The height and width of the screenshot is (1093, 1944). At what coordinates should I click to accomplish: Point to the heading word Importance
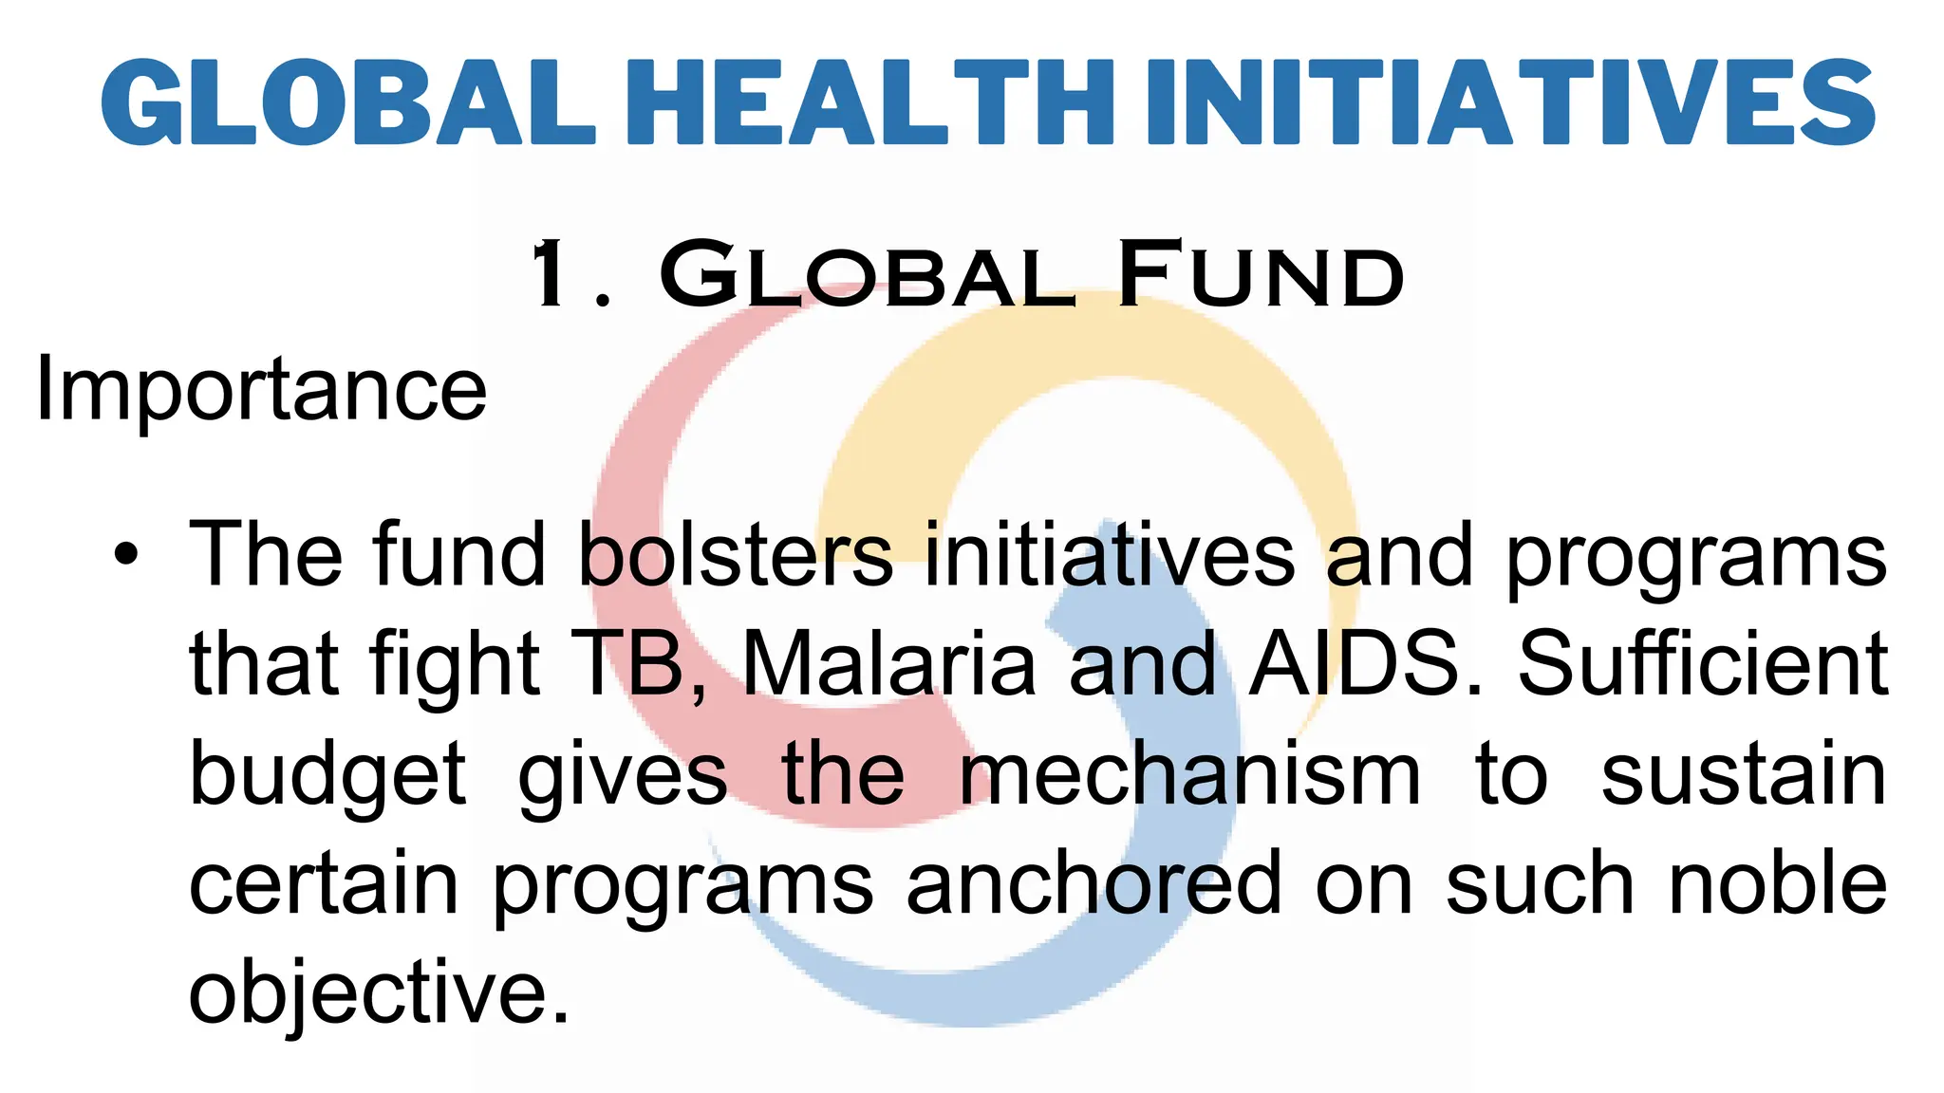pyautogui.click(x=261, y=391)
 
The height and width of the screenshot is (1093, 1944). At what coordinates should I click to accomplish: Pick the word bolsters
pyautogui.click(x=736, y=555)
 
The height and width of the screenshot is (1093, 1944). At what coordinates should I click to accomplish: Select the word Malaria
pyautogui.click(x=888, y=664)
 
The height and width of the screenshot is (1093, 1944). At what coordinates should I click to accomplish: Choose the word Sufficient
pyautogui.click(x=1702, y=664)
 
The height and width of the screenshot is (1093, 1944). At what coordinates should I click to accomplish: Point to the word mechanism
pyautogui.click(x=1190, y=774)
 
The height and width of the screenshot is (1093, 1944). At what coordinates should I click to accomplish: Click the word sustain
pyautogui.click(x=1744, y=774)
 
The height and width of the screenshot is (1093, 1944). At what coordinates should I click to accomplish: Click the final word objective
pyautogui.click(x=379, y=994)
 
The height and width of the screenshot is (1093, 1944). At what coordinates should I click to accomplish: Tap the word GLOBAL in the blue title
pyautogui.click(x=348, y=102)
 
